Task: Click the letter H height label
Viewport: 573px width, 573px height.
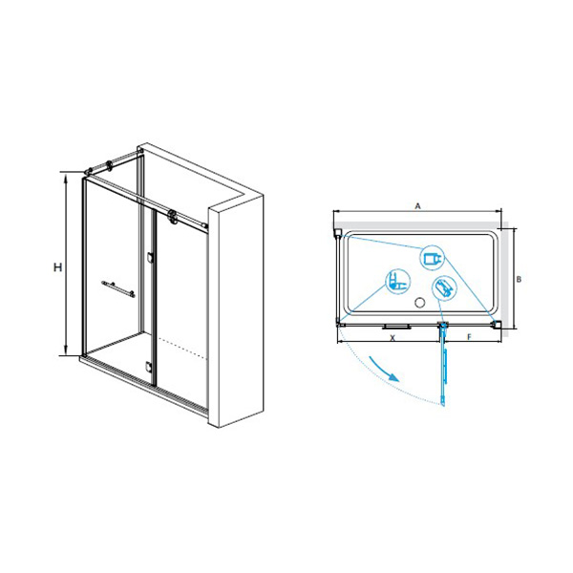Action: [57, 267]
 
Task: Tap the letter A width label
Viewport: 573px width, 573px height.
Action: [417, 206]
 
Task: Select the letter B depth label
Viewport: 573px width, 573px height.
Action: [519, 280]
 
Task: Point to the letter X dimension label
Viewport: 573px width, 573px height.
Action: [393, 338]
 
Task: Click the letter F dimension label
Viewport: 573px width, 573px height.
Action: [470, 337]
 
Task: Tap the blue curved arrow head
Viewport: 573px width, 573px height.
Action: [393, 377]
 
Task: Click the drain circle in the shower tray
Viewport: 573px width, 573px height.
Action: [420, 302]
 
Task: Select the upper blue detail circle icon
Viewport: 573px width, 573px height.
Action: [433, 258]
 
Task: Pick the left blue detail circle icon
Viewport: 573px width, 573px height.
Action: [398, 282]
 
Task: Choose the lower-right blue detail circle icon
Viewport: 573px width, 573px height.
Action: [444, 288]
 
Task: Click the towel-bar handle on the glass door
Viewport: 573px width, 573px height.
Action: [118, 288]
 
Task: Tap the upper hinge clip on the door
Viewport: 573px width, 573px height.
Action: [150, 257]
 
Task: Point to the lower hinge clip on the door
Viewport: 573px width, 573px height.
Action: [148, 367]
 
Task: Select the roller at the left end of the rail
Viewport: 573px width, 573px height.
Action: [110, 166]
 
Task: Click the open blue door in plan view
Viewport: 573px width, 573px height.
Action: [444, 365]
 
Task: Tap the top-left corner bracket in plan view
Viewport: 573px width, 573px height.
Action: [338, 233]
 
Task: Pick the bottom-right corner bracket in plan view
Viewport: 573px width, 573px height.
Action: [497, 324]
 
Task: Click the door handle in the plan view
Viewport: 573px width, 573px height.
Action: [396, 328]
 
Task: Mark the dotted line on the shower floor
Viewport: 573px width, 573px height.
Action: [182, 347]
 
